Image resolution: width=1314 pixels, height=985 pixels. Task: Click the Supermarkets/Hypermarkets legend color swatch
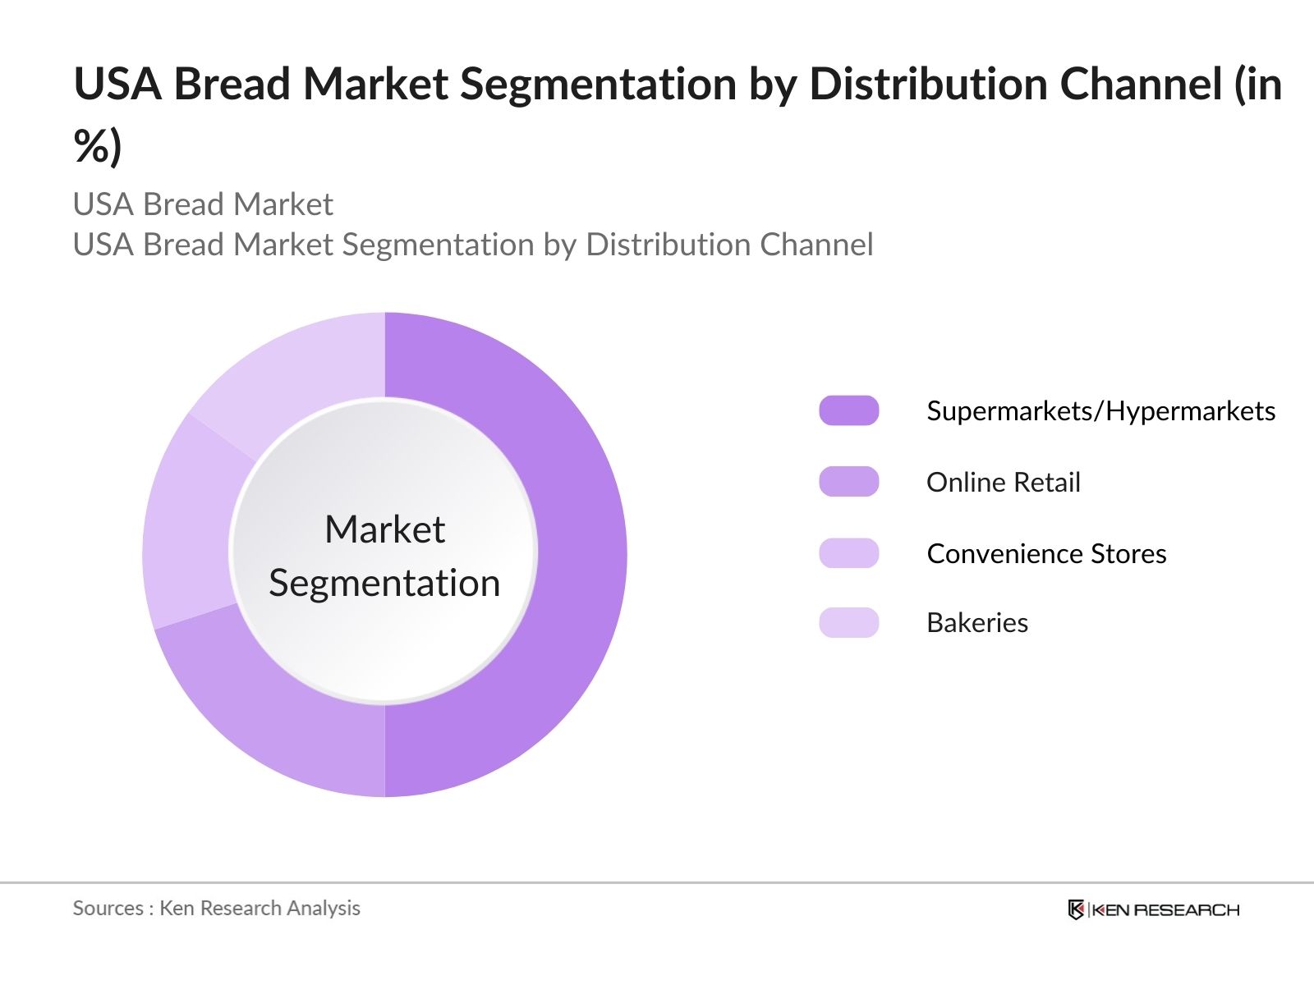[x=849, y=410]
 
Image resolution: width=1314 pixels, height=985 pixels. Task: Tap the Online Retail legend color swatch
[x=849, y=482]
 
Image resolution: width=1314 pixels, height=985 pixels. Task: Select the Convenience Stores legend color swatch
[x=849, y=552]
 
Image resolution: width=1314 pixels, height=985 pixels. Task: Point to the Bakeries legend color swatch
[x=849, y=622]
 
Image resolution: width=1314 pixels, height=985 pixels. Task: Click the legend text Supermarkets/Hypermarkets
[x=1101, y=411]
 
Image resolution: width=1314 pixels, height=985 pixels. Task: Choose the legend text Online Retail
[x=1004, y=482]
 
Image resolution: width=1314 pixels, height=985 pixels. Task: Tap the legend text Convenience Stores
[x=1046, y=553]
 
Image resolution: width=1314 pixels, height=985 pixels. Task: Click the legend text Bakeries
[x=977, y=622]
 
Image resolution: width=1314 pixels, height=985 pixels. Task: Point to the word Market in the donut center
[x=384, y=529]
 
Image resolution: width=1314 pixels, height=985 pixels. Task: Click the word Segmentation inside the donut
[x=384, y=583]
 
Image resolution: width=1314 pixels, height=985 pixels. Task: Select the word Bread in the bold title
[x=232, y=83]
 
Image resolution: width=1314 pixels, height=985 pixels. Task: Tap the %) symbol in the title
[x=98, y=145]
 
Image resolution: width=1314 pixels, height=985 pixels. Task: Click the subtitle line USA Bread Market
[x=203, y=204]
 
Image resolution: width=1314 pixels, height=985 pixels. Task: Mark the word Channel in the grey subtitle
[x=816, y=244]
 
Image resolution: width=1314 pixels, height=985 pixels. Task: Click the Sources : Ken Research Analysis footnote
[x=217, y=908]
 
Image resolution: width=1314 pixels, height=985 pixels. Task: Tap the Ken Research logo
[x=1154, y=909]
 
